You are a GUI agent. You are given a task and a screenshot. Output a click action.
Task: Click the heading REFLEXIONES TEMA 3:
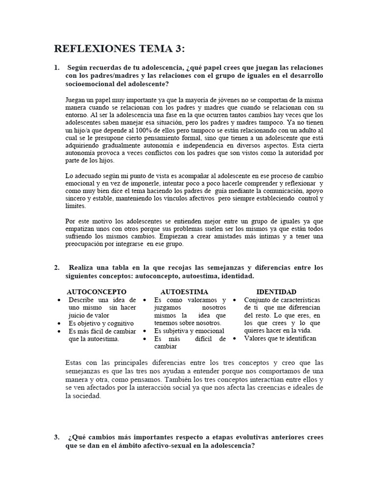120,48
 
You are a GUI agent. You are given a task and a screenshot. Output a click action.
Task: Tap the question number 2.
57,268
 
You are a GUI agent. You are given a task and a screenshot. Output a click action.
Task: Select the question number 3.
57,437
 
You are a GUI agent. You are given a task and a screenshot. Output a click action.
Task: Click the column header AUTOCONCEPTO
96,292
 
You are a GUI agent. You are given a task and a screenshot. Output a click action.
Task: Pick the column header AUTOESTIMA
184,292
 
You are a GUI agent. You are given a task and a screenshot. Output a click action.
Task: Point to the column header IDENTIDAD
277,292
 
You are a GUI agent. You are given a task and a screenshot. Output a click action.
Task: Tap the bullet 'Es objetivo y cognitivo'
101,323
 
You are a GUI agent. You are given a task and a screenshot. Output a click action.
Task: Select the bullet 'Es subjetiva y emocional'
189,331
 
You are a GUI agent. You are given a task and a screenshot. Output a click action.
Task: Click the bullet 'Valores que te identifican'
280,339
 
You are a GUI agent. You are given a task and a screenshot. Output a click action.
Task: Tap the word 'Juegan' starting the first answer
75,99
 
